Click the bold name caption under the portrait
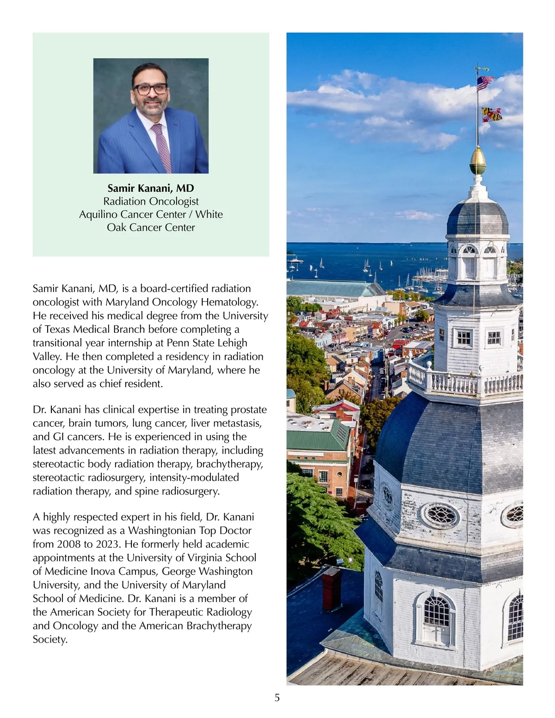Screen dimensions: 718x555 [151, 188]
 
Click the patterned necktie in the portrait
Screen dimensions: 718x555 [161, 145]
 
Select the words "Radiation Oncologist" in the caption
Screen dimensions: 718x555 [151, 201]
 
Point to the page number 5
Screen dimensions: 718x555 [277, 698]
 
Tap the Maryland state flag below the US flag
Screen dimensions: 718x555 [491, 114]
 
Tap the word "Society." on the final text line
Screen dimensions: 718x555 [50, 639]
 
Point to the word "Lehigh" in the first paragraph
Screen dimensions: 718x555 [232, 343]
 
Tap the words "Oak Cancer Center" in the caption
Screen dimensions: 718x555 [151, 227]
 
